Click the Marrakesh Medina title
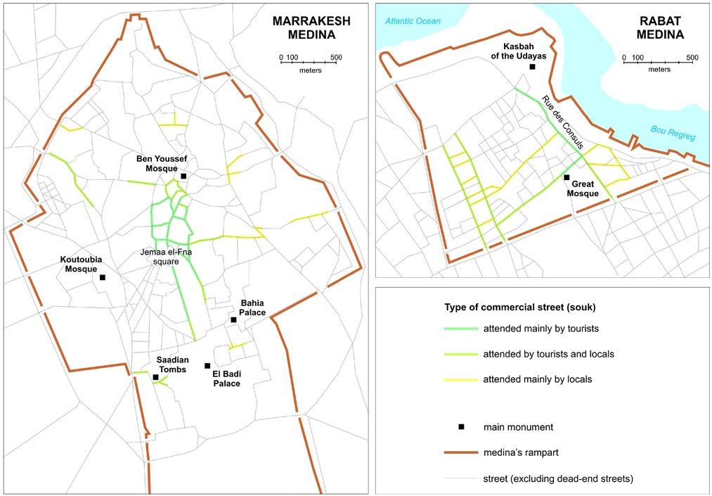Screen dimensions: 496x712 coord(302,26)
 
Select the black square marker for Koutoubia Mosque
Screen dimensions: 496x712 coord(103,277)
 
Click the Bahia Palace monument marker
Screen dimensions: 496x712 coord(233,320)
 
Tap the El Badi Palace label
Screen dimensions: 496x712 coord(226,379)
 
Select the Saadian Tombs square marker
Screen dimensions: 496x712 coord(155,377)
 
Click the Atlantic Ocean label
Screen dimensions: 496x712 coord(413,21)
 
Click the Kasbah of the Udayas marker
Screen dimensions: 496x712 coord(533,67)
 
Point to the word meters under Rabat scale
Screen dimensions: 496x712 coord(659,69)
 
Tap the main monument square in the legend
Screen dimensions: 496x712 coord(461,427)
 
